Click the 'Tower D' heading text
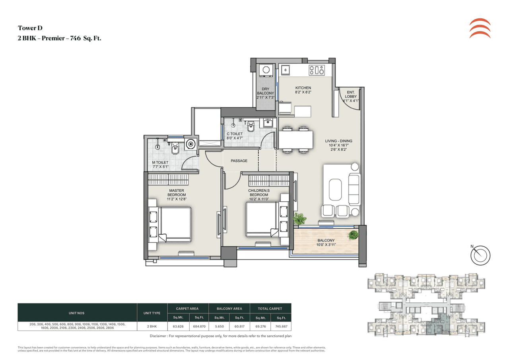tap(30, 28)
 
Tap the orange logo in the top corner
tap(480, 28)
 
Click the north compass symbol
tap(480, 255)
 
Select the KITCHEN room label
tap(303, 88)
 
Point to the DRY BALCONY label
tap(265, 91)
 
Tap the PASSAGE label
tap(239, 161)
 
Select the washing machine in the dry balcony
tap(266, 70)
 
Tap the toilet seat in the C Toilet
tap(251, 128)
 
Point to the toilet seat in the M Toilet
tap(175, 149)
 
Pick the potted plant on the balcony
tap(352, 235)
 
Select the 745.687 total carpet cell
tap(281, 326)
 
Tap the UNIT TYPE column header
tap(151, 313)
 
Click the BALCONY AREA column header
tap(229, 308)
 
